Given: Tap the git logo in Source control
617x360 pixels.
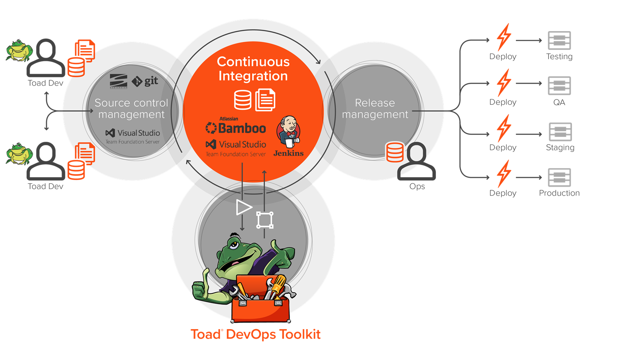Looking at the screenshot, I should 145,81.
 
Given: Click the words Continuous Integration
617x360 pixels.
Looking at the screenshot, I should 253,69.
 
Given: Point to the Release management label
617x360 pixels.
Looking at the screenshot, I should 375,108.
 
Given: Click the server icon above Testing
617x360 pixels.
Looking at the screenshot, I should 559,40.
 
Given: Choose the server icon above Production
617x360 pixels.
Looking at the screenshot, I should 559,177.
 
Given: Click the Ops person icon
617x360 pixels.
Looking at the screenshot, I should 417,162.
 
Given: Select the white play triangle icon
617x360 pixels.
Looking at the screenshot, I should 244,208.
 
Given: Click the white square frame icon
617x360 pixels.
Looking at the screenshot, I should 265,220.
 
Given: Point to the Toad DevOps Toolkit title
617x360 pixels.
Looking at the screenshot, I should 256,334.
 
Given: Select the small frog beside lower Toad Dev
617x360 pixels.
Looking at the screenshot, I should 19,154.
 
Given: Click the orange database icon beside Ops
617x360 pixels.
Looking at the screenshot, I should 395,152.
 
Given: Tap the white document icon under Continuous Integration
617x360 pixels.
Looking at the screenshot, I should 265,100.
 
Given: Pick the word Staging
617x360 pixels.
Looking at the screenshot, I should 560,148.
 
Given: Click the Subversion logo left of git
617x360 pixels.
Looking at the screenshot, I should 118,81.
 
